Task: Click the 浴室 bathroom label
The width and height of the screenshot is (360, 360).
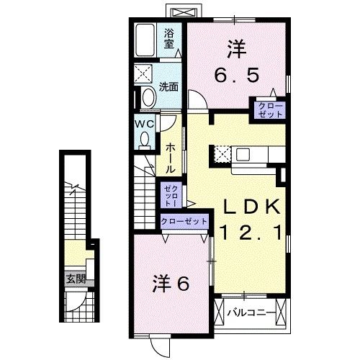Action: tap(170, 38)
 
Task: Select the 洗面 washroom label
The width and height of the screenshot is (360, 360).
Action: tap(168, 87)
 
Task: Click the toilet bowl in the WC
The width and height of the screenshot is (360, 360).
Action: tap(145, 140)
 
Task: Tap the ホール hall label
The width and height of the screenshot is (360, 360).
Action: tap(171, 156)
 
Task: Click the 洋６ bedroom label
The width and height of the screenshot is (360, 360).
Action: tap(170, 283)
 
